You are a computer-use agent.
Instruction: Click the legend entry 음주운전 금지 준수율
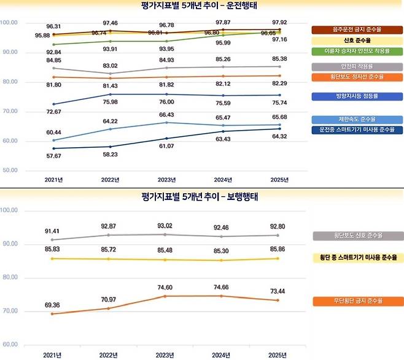[356, 29]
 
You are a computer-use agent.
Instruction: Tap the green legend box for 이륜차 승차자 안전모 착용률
[356, 50]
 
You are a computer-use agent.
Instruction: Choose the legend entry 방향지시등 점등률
[356, 96]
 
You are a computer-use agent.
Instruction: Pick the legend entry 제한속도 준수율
[356, 119]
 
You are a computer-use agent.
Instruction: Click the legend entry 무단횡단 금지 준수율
[356, 301]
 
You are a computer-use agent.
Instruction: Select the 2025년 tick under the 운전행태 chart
[279, 180]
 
